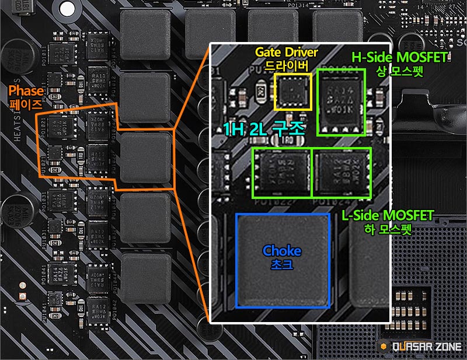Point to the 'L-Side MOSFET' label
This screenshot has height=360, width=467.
click(x=388, y=216)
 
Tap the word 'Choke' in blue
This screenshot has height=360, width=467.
click(x=282, y=251)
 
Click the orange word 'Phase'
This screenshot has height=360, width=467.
click(x=26, y=91)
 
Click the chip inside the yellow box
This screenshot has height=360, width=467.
click(x=293, y=92)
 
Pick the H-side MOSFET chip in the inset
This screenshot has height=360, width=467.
click(x=341, y=103)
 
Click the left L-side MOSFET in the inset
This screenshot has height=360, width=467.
click(x=282, y=173)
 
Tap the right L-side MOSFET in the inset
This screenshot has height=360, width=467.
click(x=341, y=173)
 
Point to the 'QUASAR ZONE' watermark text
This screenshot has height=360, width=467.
click(x=426, y=347)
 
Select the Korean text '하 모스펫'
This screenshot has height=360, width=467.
click(x=388, y=229)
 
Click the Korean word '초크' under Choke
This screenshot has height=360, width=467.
click(x=282, y=264)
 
